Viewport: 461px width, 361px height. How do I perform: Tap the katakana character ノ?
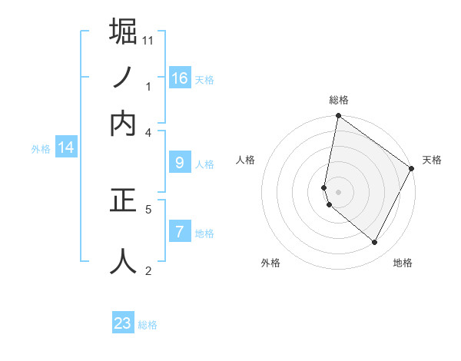click(x=123, y=78)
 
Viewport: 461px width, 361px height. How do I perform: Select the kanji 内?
click(x=123, y=123)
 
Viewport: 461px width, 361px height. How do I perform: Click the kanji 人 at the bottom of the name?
click(x=123, y=260)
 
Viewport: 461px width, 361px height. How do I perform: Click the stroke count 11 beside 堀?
click(x=148, y=39)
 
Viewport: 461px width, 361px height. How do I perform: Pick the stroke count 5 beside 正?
click(x=148, y=208)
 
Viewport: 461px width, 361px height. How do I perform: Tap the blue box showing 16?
click(x=180, y=78)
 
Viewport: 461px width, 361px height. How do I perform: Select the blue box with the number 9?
click(x=180, y=163)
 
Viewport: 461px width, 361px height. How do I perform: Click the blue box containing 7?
click(x=180, y=231)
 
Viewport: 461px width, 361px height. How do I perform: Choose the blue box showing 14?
click(x=66, y=147)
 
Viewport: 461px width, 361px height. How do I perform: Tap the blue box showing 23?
click(x=123, y=323)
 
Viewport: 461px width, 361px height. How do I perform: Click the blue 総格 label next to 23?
click(x=148, y=325)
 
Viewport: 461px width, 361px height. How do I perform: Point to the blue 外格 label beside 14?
click(x=41, y=149)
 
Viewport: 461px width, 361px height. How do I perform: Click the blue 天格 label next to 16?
click(x=204, y=79)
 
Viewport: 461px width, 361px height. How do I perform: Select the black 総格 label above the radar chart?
click(x=339, y=100)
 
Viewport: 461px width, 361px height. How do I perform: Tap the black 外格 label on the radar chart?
click(x=270, y=263)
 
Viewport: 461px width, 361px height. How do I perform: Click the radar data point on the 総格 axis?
click(x=339, y=117)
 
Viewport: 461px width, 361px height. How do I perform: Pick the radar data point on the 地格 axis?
click(x=374, y=243)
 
